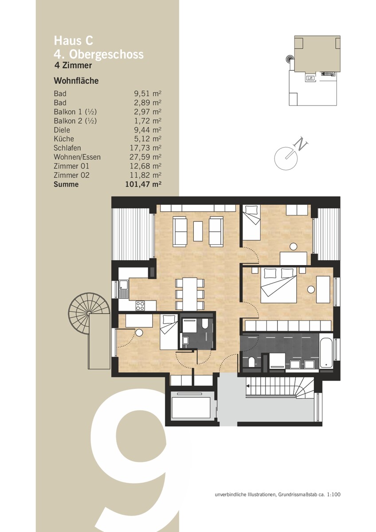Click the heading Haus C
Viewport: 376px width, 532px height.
point(74,41)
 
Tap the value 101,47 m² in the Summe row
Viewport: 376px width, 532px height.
point(144,184)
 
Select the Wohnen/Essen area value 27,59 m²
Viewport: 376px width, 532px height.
point(145,157)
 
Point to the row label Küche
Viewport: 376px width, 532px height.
point(64,139)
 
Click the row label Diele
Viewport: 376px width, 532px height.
point(62,130)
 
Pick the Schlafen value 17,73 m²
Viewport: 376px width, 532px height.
point(145,148)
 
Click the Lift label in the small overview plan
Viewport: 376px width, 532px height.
point(310,78)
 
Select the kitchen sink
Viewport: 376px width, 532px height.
point(124,289)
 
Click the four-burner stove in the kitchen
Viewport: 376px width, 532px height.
point(141,305)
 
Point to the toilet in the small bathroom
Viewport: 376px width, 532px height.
point(205,325)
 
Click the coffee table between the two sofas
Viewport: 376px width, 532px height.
point(198,231)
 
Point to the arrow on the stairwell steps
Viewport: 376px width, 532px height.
point(249,386)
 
